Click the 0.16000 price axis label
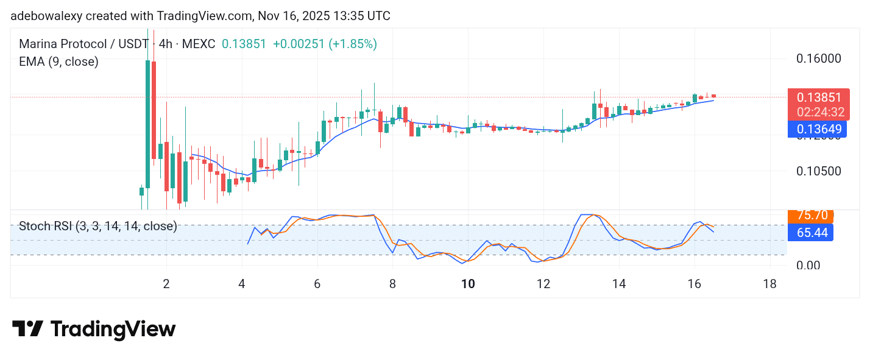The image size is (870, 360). pos(819,59)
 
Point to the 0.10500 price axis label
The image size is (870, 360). pos(819,171)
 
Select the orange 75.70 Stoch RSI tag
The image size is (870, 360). pos(812,216)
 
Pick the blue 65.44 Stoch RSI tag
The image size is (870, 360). pos(812,233)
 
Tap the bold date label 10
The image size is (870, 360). pos(467,284)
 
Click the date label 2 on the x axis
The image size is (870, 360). pos(166,284)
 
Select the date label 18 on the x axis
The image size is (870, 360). pos(769,284)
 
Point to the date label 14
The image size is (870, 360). pos(618,284)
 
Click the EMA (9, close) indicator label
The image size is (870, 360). pos(58,62)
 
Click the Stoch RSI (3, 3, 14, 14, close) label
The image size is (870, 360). pos(98,227)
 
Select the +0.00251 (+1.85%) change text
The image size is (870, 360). pos(325,44)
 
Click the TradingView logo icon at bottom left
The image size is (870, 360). pos(27,330)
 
